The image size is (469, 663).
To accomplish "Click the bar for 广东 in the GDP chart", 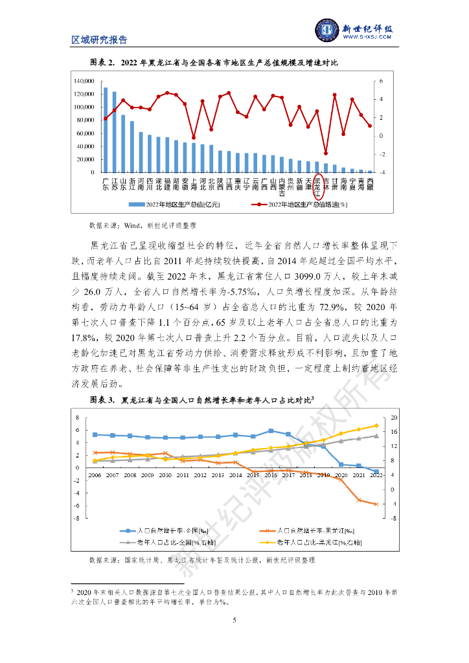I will pos(106,130).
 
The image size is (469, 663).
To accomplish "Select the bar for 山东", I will pos(123,144).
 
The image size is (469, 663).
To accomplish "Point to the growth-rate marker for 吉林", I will pos(326,153).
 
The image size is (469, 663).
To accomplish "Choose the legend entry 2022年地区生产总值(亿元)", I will pos(170,206).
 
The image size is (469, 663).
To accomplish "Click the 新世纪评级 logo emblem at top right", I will pos(327,30).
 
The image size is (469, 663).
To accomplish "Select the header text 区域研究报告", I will pos(99,40).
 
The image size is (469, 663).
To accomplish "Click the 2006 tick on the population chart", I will pos(95,475).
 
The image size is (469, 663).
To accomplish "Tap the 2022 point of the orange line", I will pos(376,504).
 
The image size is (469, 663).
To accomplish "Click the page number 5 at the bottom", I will pos(234,622).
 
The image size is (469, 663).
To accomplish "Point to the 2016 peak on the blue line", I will pos(270,431).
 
